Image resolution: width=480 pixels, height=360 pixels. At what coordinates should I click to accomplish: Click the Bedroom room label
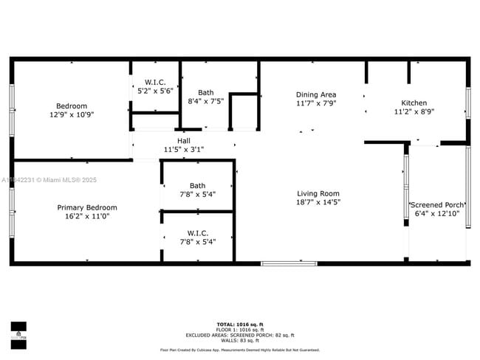coord(72,105)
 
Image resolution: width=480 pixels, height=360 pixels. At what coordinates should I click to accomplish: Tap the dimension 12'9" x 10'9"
coord(72,114)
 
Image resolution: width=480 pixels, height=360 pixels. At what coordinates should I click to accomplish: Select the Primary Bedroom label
coord(87,208)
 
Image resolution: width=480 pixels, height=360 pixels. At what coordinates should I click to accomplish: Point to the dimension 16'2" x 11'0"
coord(87,217)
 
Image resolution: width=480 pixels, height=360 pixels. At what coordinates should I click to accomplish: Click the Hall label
coord(183,140)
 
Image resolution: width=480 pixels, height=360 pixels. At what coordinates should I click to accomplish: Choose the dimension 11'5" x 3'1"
coord(183,149)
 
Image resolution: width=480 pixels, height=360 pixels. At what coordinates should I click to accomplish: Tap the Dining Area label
coord(316,94)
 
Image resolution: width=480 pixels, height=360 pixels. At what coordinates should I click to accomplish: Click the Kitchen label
coord(414,103)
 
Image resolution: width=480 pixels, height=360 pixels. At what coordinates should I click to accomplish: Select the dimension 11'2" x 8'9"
coord(414,111)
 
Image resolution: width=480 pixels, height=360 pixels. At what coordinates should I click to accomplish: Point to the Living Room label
coord(318,193)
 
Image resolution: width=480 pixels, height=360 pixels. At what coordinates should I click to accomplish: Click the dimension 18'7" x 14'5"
coord(318,202)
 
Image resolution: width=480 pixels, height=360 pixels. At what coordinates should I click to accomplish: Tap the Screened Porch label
coord(437,205)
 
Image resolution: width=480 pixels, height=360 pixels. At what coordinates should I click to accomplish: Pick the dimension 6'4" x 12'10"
coord(437,214)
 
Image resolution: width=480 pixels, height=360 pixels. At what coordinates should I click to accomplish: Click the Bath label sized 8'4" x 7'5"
coord(206,92)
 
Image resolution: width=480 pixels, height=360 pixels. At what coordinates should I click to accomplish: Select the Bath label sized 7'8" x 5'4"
coord(197,186)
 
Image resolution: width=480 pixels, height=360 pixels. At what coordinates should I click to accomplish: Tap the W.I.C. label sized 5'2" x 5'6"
coord(155,82)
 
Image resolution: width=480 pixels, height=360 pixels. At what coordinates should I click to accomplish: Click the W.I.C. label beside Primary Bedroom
coord(197,232)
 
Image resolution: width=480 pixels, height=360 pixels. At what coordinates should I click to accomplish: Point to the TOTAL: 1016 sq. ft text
coord(240,325)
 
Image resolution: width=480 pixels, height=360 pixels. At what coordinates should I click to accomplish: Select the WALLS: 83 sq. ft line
coord(240,340)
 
